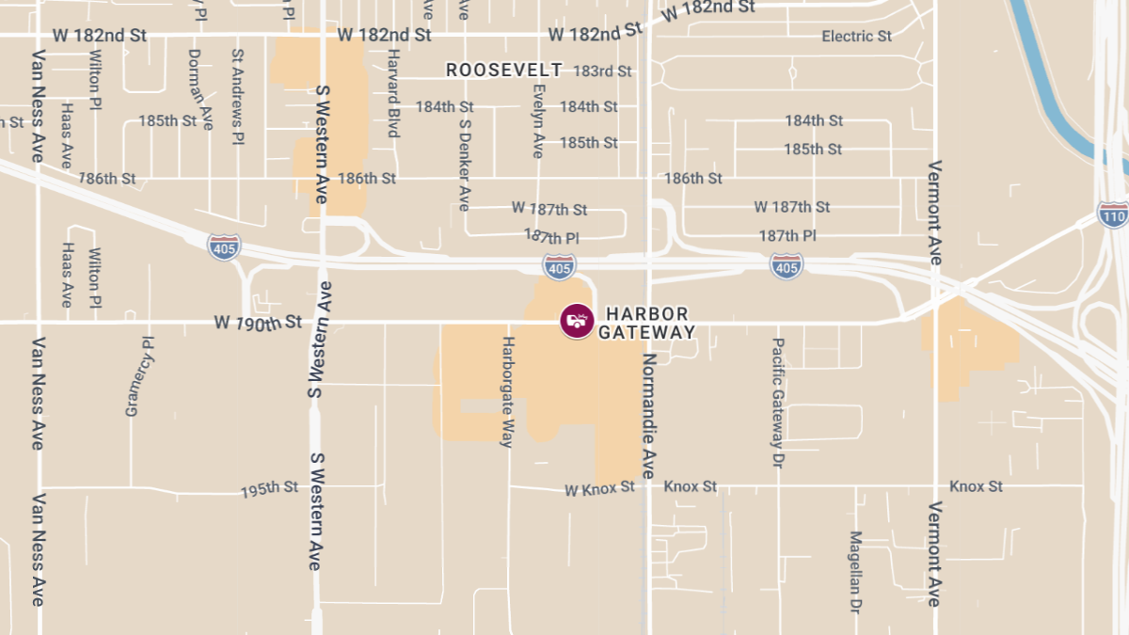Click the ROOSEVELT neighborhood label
click(x=503, y=71)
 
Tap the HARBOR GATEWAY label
click(x=647, y=323)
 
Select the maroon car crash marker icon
click(x=577, y=321)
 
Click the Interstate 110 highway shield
click(x=1113, y=214)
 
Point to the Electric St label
click(x=856, y=37)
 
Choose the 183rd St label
click(x=602, y=71)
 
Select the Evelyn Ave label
click(x=538, y=121)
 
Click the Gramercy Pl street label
click(x=139, y=376)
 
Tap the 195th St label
click(x=269, y=489)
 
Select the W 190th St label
click(x=258, y=323)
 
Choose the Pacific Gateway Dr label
click(x=778, y=404)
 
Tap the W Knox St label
click(x=600, y=489)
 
